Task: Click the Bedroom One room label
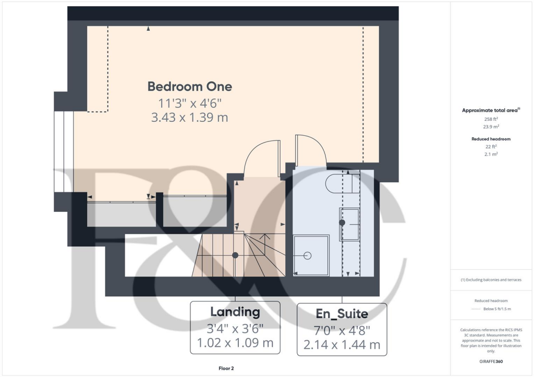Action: coord(189,86)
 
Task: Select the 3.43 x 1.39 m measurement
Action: coord(189,118)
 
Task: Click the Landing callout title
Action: coord(235,312)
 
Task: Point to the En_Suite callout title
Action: coord(342,314)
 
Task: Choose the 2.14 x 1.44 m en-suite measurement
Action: coord(342,344)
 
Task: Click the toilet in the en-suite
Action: coord(341,183)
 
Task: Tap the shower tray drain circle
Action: coord(307,256)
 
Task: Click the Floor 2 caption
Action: coord(226,368)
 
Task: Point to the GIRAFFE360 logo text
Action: coord(491,361)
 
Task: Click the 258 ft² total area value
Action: coord(491,119)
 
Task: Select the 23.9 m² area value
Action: coord(491,127)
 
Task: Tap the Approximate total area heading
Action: coord(491,110)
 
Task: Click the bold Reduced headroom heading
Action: coord(491,139)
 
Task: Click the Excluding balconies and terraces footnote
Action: coord(491,280)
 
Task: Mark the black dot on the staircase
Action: coord(235,255)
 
